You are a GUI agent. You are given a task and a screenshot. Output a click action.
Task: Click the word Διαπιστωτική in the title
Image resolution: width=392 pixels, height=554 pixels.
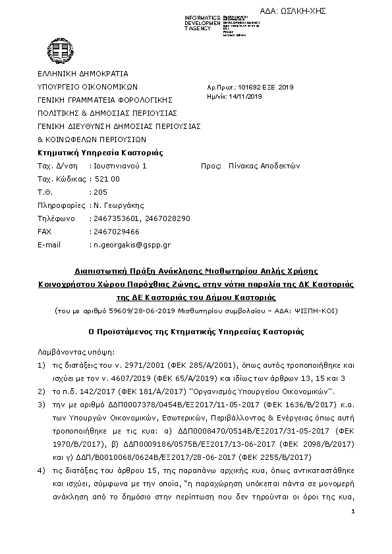101,271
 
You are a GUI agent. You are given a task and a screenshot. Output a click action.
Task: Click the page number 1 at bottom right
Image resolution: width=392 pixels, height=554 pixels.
354,530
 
